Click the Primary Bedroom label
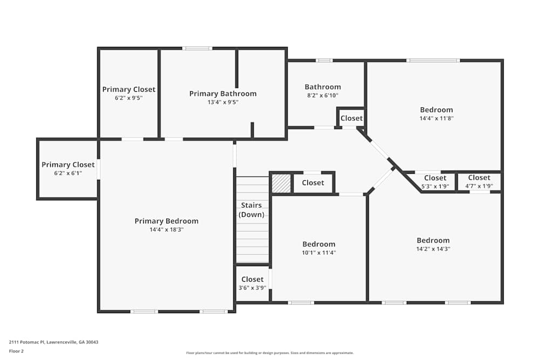(x=166, y=221)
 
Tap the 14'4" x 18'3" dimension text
(x=166, y=229)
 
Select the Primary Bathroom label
(x=222, y=94)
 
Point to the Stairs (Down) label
(x=252, y=210)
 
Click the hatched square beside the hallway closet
(x=281, y=183)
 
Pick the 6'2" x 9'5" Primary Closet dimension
(x=129, y=98)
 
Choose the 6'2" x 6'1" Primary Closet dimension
(x=68, y=173)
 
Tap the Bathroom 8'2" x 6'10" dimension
(x=322, y=96)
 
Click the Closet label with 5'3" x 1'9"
(x=435, y=178)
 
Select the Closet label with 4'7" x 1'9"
(x=479, y=178)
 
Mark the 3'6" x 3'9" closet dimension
(x=252, y=288)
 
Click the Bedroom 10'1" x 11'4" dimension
(x=319, y=253)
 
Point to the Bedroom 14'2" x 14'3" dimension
(x=433, y=249)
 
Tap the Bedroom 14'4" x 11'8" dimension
(x=436, y=118)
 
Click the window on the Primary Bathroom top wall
(x=197, y=49)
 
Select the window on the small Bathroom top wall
(x=324, y=60)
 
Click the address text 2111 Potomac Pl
(x=53, y=342)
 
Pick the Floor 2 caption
(x=16, y=351)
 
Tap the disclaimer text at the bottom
(x=270, y=353)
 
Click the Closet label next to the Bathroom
(x=352, y=118)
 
